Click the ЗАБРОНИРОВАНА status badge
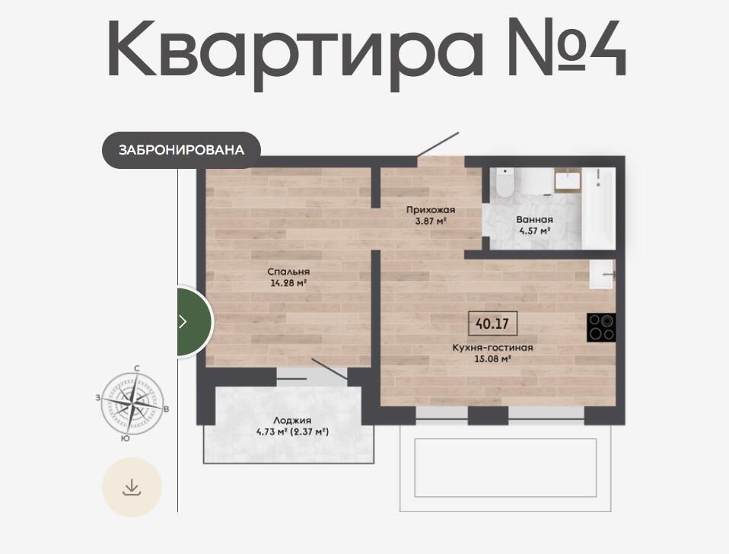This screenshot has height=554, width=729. click(181, 150)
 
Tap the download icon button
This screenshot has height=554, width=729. click(132, 487)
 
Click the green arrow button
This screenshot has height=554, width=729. click(194, 322)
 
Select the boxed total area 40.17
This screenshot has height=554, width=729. click(492, 323)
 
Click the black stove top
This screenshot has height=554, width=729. click(601, 328)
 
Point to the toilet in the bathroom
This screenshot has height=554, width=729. click(505, 183)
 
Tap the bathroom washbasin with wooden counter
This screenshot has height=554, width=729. click(568, 181)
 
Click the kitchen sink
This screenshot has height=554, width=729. click(603, 275)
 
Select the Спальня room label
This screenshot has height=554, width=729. click(288, 272)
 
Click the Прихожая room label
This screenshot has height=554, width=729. click(431, 210)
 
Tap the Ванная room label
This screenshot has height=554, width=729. click(535, 220)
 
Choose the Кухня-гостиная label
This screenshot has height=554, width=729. click(493, 348)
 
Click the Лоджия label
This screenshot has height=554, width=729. click(292, 421)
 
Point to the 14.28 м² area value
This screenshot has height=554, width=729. click(288, 282)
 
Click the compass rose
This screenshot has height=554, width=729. click(133, 402)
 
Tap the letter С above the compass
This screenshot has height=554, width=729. click(137, 368)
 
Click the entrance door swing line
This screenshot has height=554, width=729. click(438, 144)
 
